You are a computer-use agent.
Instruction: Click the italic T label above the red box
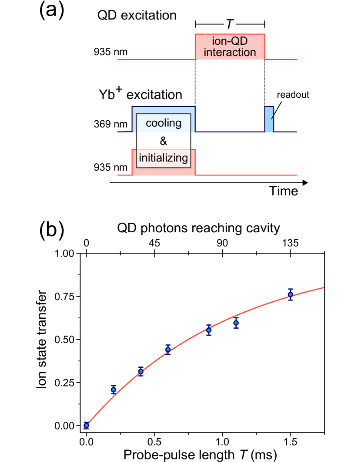pyautogui.click(x=230, y=24)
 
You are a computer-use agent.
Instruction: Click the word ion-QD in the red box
pyautogui.click(x=230, y=41)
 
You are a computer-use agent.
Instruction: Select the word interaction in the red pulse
pyautogui.click(x=230, y=53)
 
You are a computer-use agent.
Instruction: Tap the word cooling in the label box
pyautogui.click(x=164, y=123)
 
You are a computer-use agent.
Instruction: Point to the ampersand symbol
pyautogui.click(x=164, y=141)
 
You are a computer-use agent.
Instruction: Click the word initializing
pyautogui.click(x=164, y=158)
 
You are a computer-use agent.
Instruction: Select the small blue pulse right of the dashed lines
pyautogui.click(x=269, y=119)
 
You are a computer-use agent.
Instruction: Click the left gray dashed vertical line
pyautogui.click(x=195, y=82)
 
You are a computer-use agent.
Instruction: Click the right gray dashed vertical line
pyautogui.click(x=264, y=82)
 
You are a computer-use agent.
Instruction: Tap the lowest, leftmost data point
pyautogui.click(x=86, y=426)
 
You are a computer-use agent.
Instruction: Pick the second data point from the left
pyautogui.click(x=114, y=389)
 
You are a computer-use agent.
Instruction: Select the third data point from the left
pyautogui.click(x=141, y=371)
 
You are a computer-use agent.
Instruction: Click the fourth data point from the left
pyautogui.click(x=168, y=350)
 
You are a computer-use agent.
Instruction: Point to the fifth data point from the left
pyautogui.click(x=209, y=330)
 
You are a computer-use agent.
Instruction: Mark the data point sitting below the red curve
pyautogui.click(x=236, y=323)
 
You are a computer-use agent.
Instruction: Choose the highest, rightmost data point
pyautogui.click(x=291, y=294)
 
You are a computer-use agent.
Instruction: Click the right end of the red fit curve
pyautogui.click(x=323, y=287)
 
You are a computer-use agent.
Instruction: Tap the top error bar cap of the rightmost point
pyautogui.click(x=291, y=289)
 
